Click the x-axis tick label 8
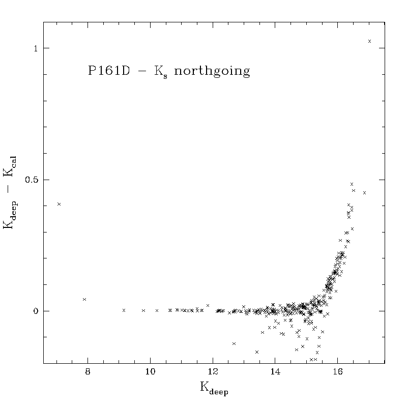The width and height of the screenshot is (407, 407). tap(88, 372)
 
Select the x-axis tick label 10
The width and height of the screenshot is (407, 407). tap(150, 372)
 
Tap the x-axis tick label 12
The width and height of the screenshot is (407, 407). tap(213, 372)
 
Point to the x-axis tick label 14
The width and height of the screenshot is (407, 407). tap(275, 372)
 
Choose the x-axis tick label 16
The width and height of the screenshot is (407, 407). tap(338, 372)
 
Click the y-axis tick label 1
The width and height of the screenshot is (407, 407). tap(36, 48)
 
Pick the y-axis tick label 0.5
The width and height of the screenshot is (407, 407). tap(32, 180)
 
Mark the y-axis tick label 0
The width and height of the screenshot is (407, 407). tap(36, 311)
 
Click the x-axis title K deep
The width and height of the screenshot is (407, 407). tap(214, 388)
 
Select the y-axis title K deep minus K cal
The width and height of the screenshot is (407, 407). tap(10, 193)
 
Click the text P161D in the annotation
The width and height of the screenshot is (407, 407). tap(109, 70)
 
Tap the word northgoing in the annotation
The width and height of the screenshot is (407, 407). tap(212, 71)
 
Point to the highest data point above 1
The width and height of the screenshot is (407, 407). tap(370, 41)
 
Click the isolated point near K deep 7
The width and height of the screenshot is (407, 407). tap(59, 204)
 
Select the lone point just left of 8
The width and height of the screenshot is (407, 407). tap(84, 299)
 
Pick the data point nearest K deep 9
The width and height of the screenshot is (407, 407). tap(124, 310)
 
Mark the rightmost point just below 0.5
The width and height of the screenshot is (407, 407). tap(364, 193)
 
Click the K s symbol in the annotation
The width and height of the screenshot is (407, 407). tap(161, 72)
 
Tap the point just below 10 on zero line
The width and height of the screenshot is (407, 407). tap(143, 310)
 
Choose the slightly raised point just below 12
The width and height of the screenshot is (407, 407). tap(208, 306)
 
